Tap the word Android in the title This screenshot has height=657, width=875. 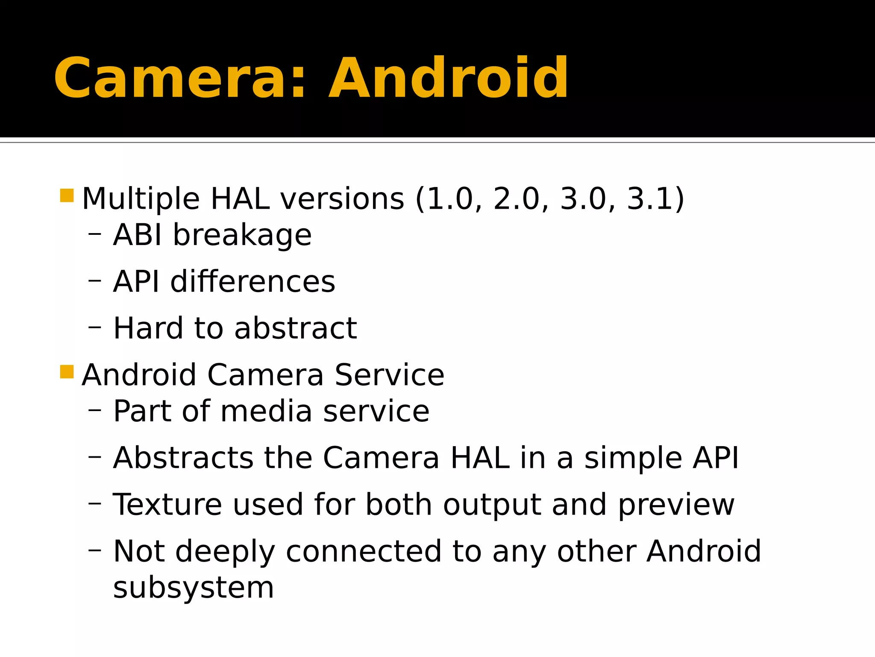(x=448, y=79)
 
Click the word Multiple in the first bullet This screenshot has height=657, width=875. (x=141, y=199)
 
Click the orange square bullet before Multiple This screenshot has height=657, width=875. (x=67, y=195)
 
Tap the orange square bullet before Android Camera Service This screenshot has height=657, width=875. (x=67, y=372)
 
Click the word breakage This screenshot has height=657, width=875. (x=242, y=235)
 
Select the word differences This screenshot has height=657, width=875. (x=253, y=282)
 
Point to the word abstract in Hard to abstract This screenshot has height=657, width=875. (x=296, y=328)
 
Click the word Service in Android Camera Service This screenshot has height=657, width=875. (x=389, y=375)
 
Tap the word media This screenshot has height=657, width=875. (x=266, y=411)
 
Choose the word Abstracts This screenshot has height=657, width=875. (x=183, y=458)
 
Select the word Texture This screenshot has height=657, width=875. (x=167, y=505)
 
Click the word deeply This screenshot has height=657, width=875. (x=225, y=552)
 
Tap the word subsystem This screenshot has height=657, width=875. (x=194, y=588)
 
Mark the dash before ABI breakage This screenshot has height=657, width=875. (x=94, y=234)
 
